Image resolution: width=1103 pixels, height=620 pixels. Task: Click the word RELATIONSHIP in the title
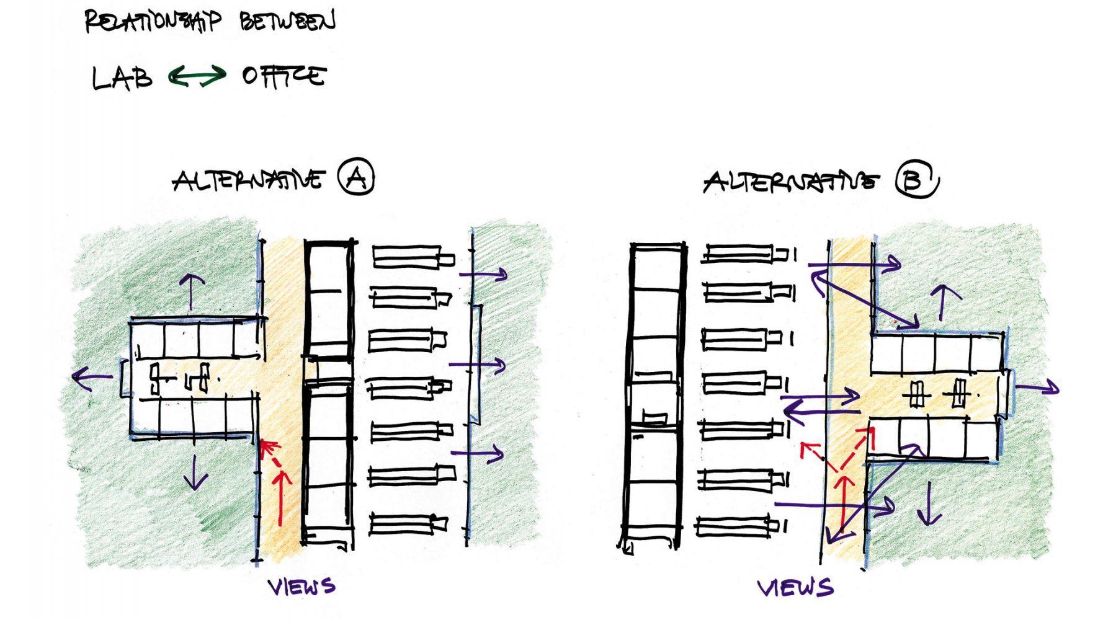[152, 21]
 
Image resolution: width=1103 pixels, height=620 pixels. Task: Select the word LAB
[122, 78]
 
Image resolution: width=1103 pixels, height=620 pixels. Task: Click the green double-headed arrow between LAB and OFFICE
[197, 77]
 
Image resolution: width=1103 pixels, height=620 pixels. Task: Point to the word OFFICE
[284, 76]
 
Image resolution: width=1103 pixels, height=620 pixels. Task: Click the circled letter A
[356, 177]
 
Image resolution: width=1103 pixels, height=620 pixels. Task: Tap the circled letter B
[916, 179]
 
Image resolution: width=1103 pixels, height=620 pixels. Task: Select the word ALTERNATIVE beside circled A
[248, 180]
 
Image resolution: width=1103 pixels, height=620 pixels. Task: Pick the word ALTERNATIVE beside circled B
[791, 182]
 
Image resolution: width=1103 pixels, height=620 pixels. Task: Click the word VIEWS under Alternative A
[302, 586]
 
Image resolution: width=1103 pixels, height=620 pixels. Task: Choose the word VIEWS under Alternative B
[795, 587]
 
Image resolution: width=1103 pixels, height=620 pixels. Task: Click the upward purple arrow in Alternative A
[192, 291]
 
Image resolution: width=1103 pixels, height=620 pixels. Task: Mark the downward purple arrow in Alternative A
[195, 472]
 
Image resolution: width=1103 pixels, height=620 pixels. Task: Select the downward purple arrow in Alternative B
[929, 502]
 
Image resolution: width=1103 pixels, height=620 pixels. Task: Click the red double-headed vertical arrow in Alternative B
[844, 502]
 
